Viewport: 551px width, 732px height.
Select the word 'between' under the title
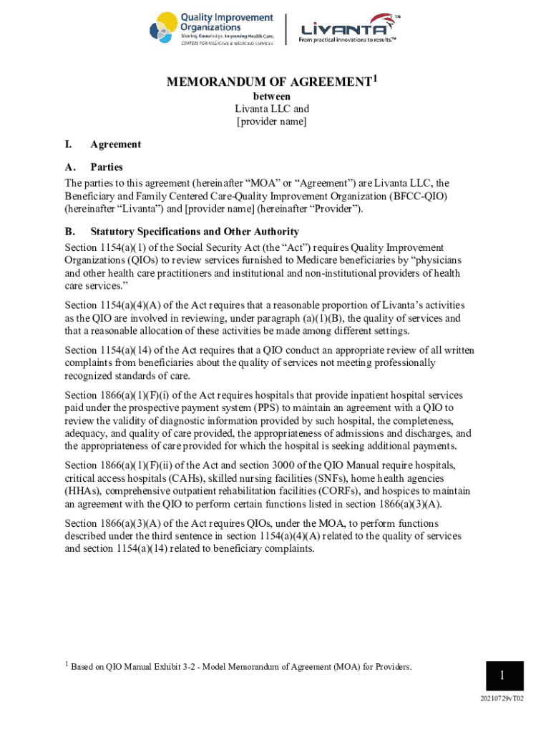[272, 97]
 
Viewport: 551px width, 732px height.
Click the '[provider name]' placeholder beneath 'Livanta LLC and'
[272, 122]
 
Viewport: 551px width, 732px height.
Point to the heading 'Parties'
[107, 167]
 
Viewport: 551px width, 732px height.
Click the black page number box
[502, 676]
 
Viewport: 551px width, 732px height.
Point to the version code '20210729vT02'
[503, 699]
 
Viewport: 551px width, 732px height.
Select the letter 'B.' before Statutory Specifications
[70, 232]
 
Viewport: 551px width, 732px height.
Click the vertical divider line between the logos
[286, 29]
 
